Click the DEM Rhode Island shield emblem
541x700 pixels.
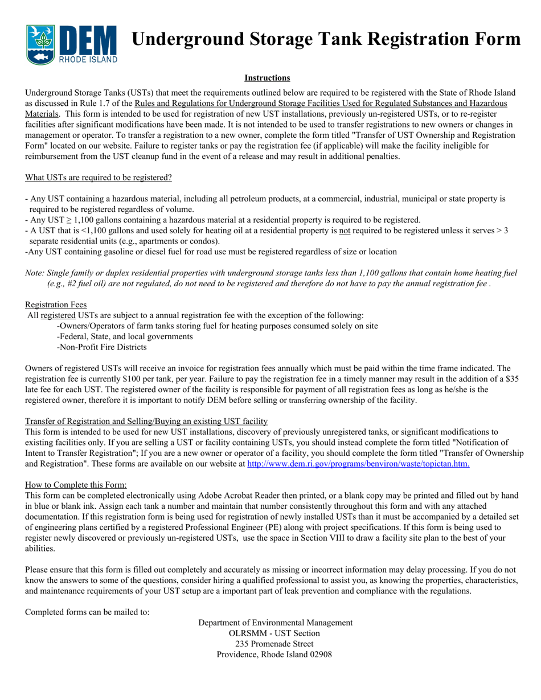click(40, 44)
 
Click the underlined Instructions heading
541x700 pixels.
click(267, 78)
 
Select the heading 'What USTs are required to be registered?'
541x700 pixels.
click(99, 178)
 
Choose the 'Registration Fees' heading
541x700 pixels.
click(56, 304)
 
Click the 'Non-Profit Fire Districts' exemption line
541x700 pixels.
click(102, 347)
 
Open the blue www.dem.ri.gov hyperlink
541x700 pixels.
click(358, 464)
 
